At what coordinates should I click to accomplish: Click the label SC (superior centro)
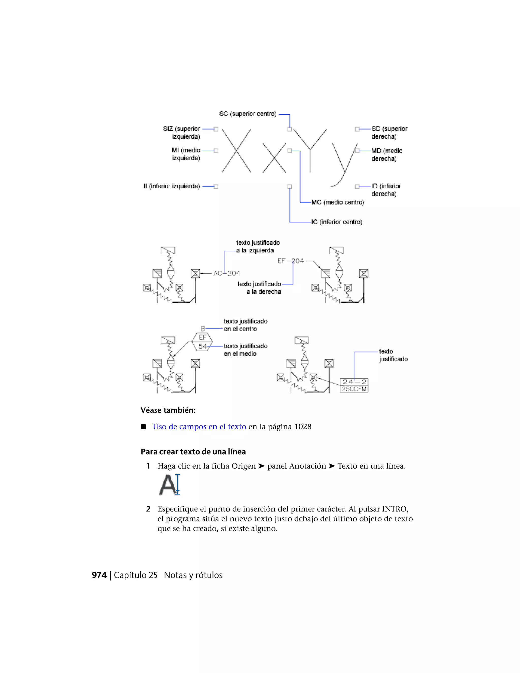(x=248, y=114)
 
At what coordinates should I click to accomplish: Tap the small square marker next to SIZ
(x=216, y=129)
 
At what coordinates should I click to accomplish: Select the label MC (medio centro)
(x=338, y=202)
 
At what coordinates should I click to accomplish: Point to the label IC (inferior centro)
(x=336, y=222)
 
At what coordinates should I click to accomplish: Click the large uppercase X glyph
(x=236, y=151)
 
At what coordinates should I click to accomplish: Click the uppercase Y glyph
(x=310, y=150)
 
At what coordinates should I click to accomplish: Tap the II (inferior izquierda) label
(x=172, y=186)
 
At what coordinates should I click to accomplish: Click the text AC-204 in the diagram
(x=227, y=273)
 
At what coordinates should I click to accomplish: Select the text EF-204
(x=290, y=261)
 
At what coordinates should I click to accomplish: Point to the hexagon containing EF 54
(x=202, y=342)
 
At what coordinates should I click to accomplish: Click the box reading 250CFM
(x=354, y=389)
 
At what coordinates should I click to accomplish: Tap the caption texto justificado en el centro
(x=245, y=325)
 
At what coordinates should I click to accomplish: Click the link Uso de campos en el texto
(x=199, y=427)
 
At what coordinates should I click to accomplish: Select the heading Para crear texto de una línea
(x=193, y=452)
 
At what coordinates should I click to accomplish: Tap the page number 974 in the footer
(x=99, y=575)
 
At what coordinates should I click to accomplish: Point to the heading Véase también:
(x=168, y=410)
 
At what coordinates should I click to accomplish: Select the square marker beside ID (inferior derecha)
(x=357, y=186)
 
